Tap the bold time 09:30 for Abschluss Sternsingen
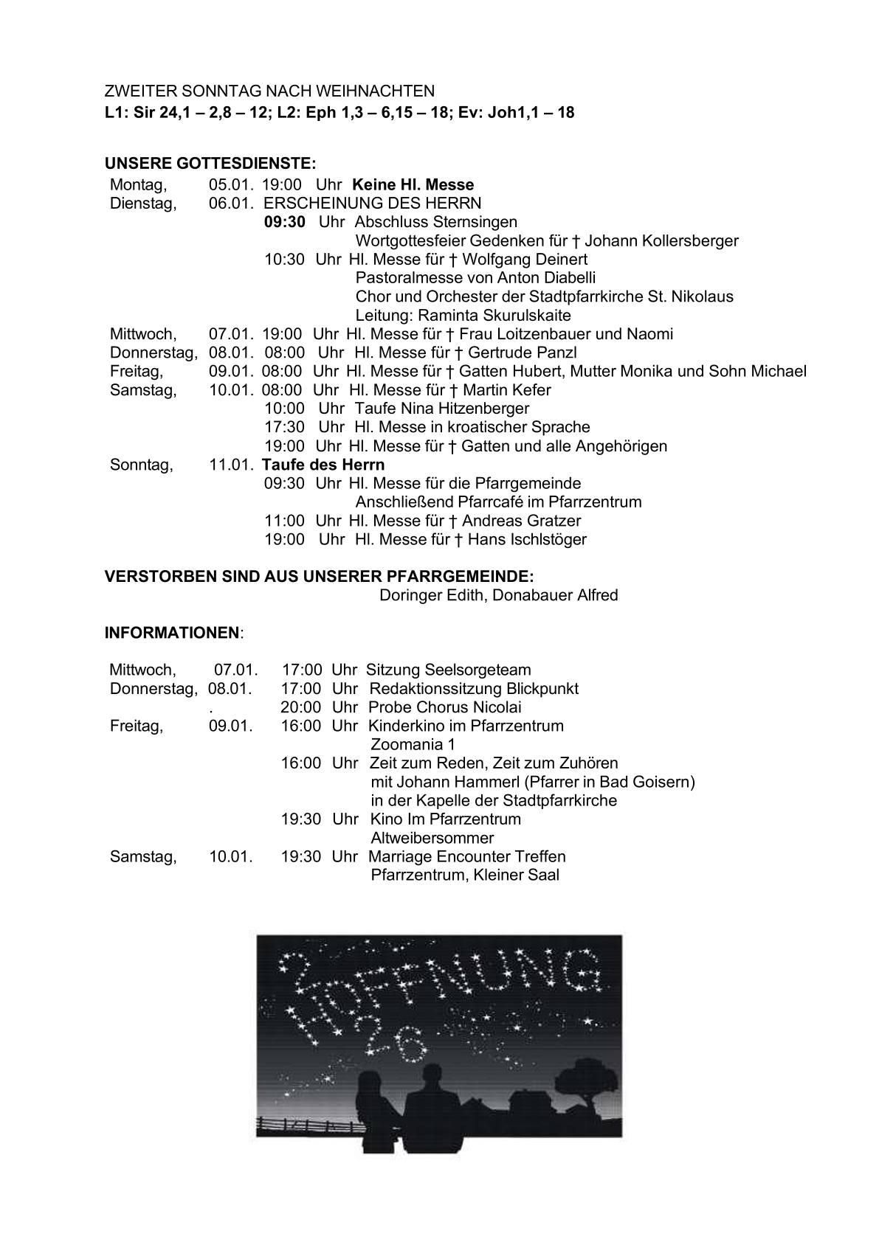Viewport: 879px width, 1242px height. click(285, 222)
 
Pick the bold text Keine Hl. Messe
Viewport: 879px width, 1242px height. click(413, 185)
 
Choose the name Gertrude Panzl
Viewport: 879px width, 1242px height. click(523, 353)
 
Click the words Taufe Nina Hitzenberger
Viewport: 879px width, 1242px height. click(441, 409)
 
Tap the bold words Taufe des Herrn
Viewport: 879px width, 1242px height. click(323, 465)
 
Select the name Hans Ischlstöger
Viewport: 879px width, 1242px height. click(527, 539)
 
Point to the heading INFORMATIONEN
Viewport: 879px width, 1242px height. click(172, 633)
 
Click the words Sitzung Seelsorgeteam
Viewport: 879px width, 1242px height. click(449, 670)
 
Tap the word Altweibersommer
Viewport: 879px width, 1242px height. click(432, 839)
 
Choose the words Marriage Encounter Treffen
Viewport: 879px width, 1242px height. click(466, 857)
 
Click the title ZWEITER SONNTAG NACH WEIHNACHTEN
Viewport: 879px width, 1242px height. click(269, 91)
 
